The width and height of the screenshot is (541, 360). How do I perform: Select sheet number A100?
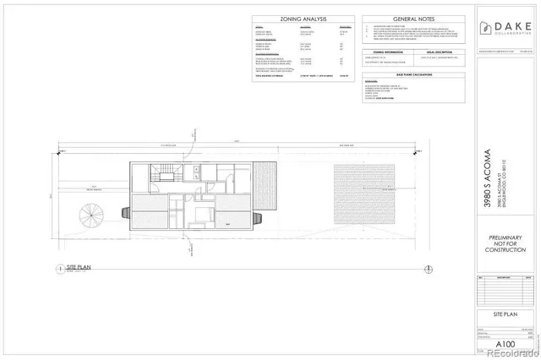tap(505, 344)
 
